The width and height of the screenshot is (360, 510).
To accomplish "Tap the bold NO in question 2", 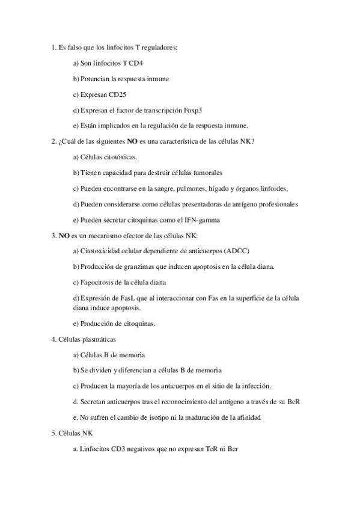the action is click(x=132, y=141).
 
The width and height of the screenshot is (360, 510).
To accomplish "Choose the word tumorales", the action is click(x=203, y=173).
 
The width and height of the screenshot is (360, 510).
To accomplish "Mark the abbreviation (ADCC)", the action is click(x=235, y=251).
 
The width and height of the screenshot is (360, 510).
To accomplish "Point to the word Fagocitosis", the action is click(x=98, y=282).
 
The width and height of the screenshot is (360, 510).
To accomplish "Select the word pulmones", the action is click(x=206, y=188).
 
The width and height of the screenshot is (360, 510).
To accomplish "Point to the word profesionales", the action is click(x=272, y=204).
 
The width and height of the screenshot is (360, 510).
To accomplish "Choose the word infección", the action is click(x=255, y=386).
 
